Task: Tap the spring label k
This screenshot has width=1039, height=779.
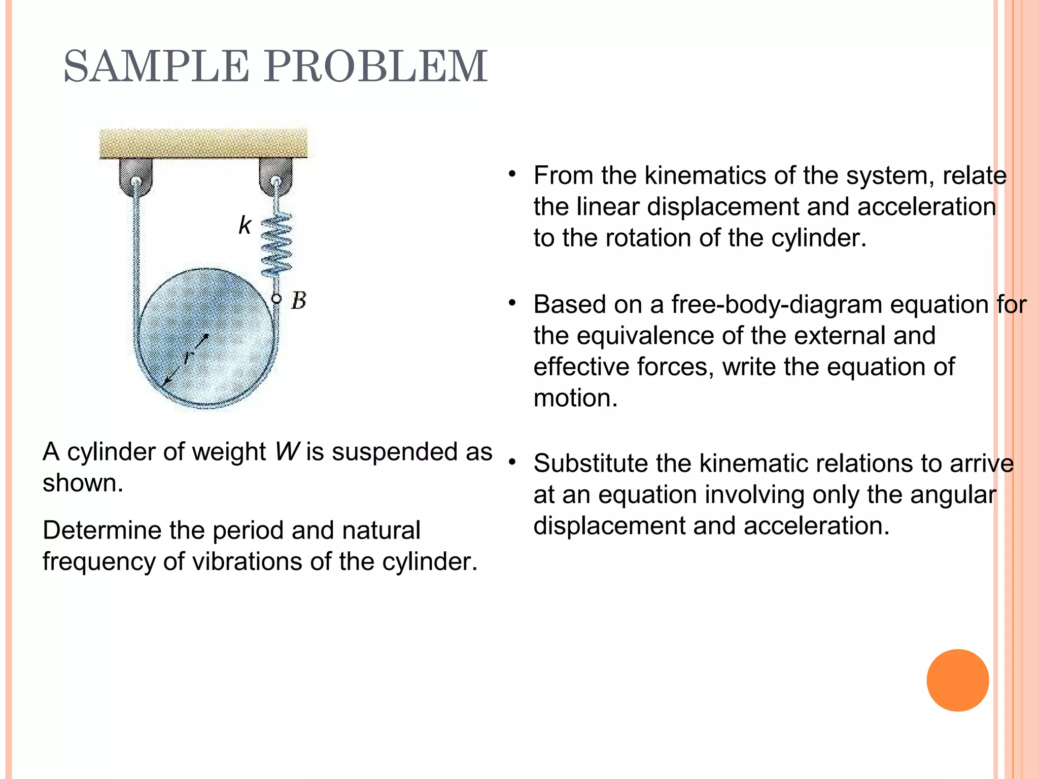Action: [x=245, y=225]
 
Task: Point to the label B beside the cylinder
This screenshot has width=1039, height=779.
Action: [x=299, y=301]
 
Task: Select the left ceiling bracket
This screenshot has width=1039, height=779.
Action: [x=135, y=176]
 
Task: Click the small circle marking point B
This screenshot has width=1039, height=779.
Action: [x=276, y=299]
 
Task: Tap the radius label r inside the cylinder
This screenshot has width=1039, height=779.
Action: [x=186, y=357]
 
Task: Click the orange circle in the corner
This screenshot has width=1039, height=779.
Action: [x=957, y=680]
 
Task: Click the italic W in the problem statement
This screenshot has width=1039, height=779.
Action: [x=287, y=451]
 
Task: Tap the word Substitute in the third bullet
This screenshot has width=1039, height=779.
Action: [x=591, y=463]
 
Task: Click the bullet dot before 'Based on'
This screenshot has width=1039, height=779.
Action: [x=512, y=303]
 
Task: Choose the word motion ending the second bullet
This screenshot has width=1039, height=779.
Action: [x=575, y=398]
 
